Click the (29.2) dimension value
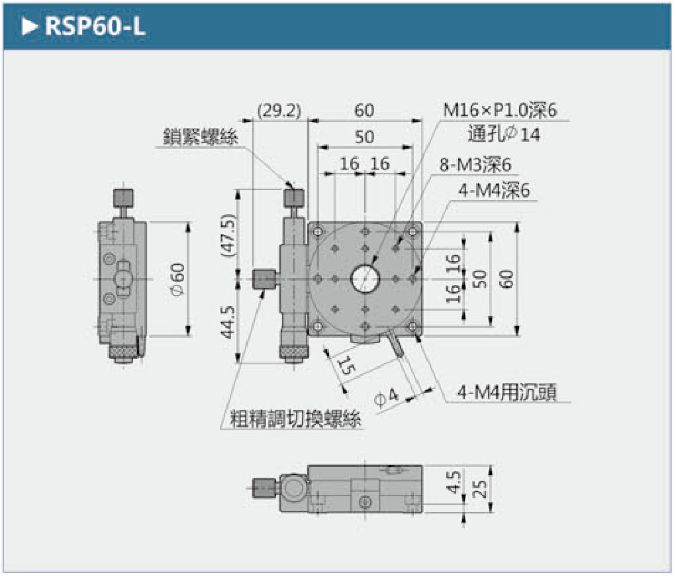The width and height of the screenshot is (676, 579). [x=279, y=111]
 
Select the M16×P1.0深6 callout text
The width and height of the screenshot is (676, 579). [x=500, y=110]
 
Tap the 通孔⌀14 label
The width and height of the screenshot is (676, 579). [x=504, y=134]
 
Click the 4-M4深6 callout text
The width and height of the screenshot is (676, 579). [x=495, y=191]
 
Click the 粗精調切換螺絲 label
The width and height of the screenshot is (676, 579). [x=296, y=419]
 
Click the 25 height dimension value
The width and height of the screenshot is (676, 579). [x=481, y=489]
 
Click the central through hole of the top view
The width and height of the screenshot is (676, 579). [x=365, y=279]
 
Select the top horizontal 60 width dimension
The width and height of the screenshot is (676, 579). [x=364, y=111]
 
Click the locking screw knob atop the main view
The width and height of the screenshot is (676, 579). [x=295, y=197]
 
